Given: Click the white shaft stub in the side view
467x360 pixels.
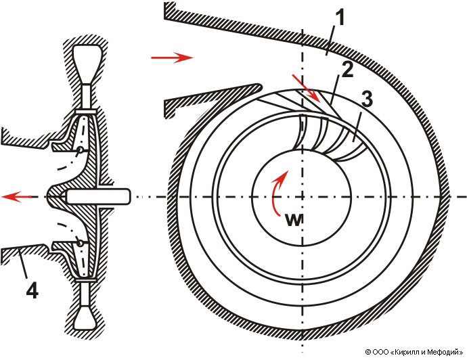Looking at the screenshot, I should (x=98, y=197).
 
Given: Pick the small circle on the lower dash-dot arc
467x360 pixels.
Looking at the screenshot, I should (x=81, y=242).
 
